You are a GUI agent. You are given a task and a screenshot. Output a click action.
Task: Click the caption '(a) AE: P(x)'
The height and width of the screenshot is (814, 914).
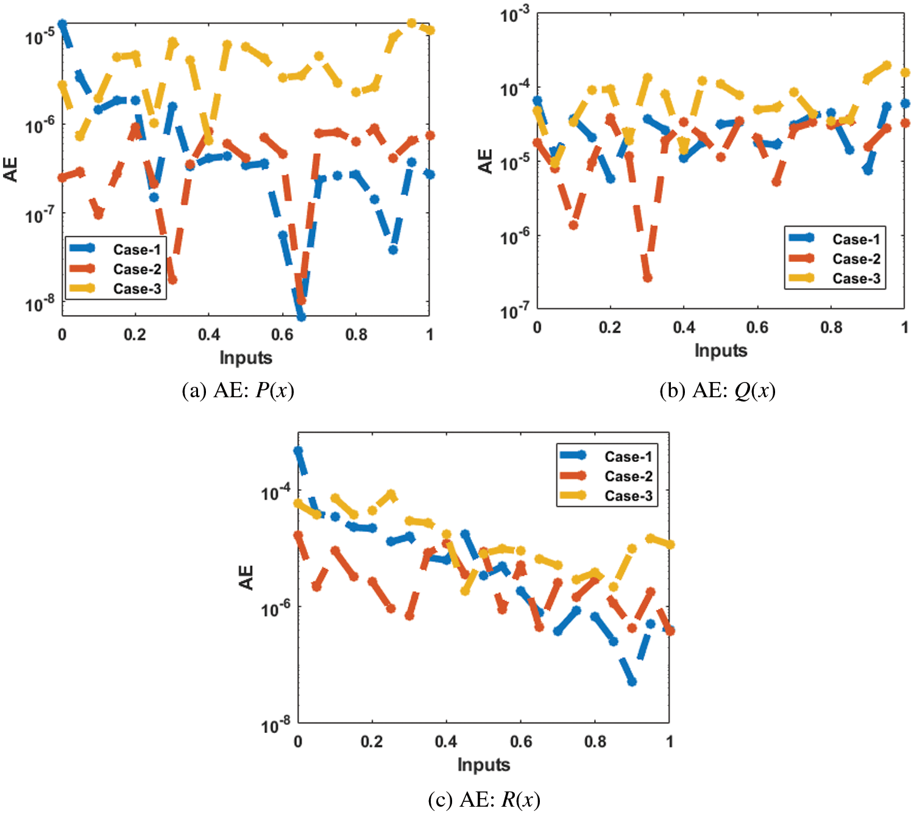[238, 390]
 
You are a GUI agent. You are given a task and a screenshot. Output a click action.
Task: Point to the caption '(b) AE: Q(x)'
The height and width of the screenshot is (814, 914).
[717, 390]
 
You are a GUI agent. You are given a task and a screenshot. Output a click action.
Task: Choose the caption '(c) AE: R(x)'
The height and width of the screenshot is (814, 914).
[484, 799]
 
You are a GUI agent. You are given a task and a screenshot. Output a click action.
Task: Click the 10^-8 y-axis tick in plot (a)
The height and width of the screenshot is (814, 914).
[39, 303]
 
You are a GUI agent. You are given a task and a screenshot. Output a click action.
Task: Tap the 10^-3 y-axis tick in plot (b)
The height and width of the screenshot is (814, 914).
[515, 15]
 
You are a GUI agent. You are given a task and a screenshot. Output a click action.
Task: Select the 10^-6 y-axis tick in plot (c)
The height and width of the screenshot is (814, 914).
[275, 608]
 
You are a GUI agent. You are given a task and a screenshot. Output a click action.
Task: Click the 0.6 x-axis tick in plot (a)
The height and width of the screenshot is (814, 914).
[282, 334]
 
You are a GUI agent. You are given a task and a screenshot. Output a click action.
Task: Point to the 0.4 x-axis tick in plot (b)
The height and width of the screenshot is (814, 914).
[684, 328]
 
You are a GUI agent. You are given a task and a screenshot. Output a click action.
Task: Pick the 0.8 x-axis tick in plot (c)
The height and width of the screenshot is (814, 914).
[595, 741]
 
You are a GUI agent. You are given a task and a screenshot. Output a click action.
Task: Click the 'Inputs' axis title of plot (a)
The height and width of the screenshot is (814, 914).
[246, 358]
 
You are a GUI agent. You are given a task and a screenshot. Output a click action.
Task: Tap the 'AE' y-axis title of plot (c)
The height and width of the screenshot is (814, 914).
[246, 577]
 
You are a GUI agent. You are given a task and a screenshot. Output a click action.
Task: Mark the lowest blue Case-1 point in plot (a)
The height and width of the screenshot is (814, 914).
[301, 317]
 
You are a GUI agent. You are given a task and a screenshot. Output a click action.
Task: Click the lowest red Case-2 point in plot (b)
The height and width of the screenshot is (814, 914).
[647, 278]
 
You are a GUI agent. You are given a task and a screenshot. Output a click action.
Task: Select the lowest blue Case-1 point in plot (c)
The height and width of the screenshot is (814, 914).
[632, 682]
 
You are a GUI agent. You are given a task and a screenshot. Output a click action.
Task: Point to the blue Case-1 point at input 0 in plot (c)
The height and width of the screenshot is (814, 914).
[298, 451]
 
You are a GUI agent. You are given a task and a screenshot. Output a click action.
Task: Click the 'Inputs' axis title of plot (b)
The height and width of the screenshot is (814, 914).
[721, 350]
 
